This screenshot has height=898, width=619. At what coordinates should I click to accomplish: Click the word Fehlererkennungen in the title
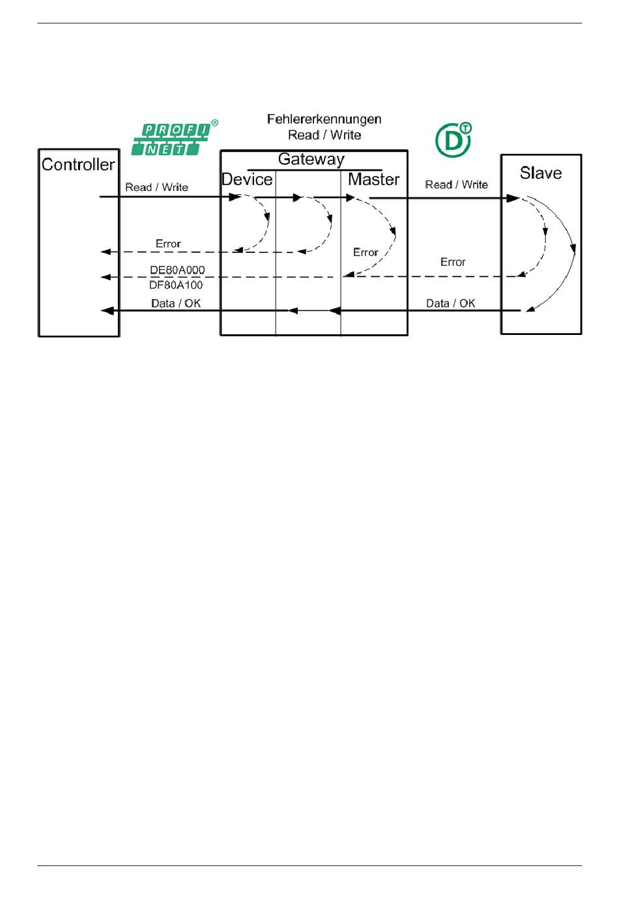pos(324,119)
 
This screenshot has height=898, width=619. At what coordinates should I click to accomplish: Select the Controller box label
pos(78,164)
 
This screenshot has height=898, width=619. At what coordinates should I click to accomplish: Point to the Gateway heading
pos(311,159)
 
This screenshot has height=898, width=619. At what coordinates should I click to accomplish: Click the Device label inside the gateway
pos(247,179)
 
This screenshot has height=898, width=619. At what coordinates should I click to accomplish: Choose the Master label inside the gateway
pos(373,179)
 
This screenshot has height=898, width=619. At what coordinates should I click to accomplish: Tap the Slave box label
pos(540,173)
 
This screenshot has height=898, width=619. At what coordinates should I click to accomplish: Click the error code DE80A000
pos(177,270)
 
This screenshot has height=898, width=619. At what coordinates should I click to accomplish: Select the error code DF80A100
pos(176,285)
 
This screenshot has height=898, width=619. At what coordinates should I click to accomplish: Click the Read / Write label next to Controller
pos(156,187)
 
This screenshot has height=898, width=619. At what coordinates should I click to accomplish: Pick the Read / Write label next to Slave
pos(456,184)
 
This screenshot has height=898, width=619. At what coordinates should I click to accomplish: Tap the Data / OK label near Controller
pos(176,303)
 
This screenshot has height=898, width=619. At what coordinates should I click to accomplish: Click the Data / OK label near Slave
pos(450,303)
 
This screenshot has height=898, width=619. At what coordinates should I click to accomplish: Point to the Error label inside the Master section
pos(366,252)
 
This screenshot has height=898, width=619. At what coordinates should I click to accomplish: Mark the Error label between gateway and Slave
pos(453,262)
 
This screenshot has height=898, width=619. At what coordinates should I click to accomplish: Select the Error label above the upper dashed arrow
pos(168,244)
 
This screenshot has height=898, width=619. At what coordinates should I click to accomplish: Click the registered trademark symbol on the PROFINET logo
pos(215,123)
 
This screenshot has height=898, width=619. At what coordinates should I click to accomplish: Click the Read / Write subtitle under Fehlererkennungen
pos(324,135)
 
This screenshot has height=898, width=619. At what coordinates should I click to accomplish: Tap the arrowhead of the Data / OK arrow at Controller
pos(106,311)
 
